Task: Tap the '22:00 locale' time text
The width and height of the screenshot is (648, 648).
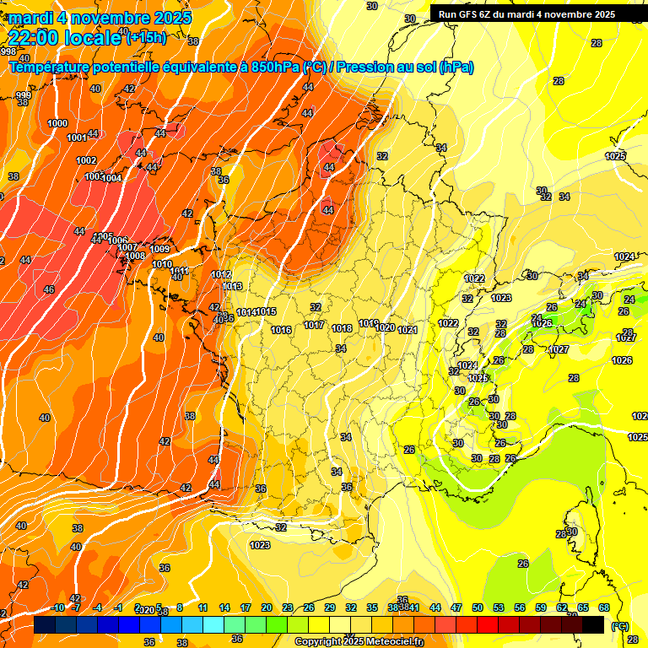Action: click(x=66, y=36)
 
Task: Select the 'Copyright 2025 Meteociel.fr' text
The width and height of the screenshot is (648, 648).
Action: click(x=359, y=641)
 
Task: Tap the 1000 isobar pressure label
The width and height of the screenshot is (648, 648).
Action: click(x=57, y=124)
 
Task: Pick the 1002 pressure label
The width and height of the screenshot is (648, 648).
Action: click(x=86, y=160)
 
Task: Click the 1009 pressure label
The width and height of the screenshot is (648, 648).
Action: click(x=160, y=249)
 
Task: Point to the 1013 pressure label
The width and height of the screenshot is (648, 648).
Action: click(x=233, y=287)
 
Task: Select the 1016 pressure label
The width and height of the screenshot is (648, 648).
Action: click(x=282, y=330)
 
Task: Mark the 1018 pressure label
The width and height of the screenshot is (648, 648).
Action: click(x=342, y=329)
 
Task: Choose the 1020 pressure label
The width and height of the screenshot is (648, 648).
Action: click(x=385, y=327)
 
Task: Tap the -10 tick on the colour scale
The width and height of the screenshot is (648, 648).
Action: click(x=58, y=607)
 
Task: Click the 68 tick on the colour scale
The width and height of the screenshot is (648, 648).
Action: click(x=604, y=607)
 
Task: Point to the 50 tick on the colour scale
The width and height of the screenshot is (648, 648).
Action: click(x=478, y=607)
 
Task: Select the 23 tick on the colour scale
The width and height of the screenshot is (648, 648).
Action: click(x=288, y=607)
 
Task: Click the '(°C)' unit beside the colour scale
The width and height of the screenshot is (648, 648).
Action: click(x=620, y=627)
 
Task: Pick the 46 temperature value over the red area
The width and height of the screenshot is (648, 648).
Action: click(x=48, y=289)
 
